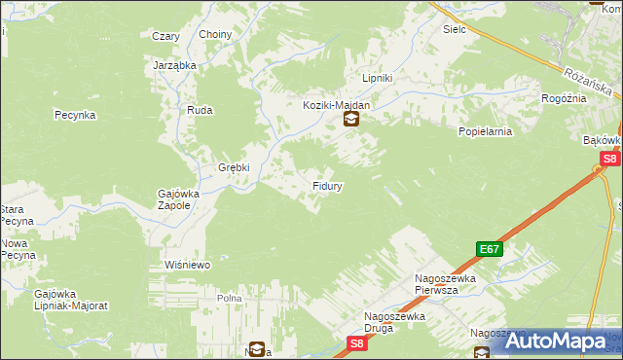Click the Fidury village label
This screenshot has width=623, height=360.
326,185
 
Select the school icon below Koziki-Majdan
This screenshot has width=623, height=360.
350,121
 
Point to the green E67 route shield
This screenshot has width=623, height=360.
489,250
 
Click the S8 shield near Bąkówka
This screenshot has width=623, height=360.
609,159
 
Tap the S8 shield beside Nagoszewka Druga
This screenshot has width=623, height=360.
358,342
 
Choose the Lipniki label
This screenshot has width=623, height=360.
377,78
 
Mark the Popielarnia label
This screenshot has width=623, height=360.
484,128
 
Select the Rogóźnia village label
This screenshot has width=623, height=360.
564,98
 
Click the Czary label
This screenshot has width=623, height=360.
165,36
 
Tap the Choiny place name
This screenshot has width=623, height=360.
215,35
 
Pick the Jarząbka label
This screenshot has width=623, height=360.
175,65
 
